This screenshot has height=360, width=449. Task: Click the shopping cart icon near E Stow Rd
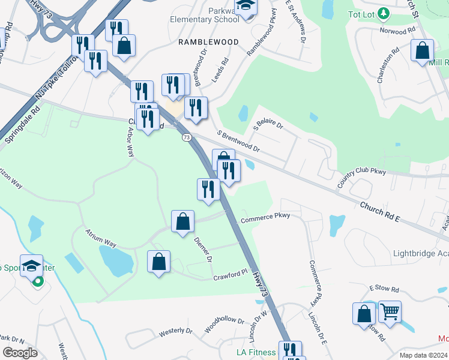point(390,312)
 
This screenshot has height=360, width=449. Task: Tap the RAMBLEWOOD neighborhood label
point(208,42)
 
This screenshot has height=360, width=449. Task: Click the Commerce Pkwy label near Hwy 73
point(265,218)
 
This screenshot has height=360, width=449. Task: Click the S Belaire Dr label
point(268,124)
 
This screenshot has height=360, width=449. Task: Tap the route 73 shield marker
point(187,137)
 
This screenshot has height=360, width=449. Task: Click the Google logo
point(20,353)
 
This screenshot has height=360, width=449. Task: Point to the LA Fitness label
point(256,352)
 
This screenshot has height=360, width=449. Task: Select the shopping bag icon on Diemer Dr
point(183,221)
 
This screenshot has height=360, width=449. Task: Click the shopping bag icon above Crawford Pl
point(158,261)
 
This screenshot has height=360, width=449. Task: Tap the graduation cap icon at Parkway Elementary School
point(246,6)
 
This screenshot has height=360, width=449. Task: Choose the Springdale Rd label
point(22,125)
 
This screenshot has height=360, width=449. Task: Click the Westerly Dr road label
point(176,331)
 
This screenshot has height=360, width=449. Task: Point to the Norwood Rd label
point(397,29)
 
